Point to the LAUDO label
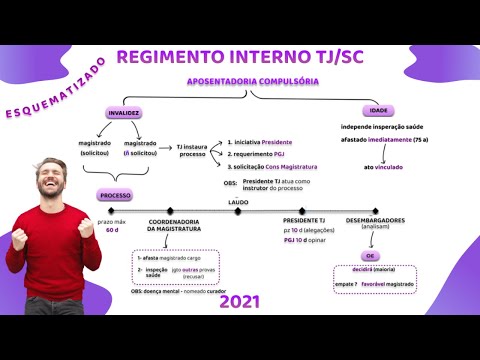(238, 202)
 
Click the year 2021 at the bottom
(240, 301)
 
